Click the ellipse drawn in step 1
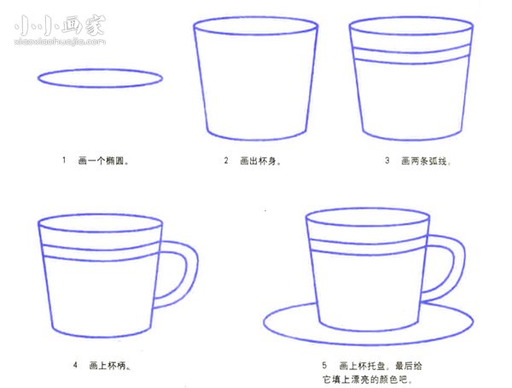click(100, 79)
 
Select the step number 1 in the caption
click(63, 160)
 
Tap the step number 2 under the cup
click(226, 160)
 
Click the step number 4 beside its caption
click(75, 365)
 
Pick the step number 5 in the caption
click(324, 365)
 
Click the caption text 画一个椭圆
click(103, 160)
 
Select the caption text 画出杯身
click(259, 160)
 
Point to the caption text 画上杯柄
click(108, 365)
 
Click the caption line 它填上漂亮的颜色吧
click(368, 378)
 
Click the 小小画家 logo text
click(60, 24)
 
